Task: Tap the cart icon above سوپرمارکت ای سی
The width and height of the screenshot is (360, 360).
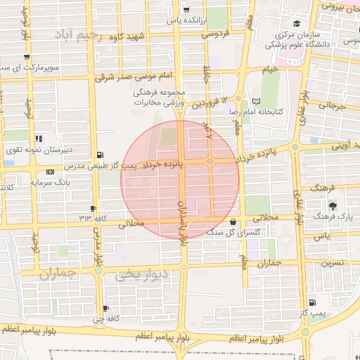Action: click(26, 57)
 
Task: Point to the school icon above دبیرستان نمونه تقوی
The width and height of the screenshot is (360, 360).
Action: click(37, 139)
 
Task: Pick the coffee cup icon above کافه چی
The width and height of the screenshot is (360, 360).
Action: click(105, 308)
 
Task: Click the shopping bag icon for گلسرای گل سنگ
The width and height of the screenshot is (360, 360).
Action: click(233, 221)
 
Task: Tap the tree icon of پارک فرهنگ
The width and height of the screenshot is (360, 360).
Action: click(332, 206)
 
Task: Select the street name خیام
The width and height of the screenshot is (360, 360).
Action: click(270, 70)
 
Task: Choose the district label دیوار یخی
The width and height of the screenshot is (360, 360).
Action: click(143, 276)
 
